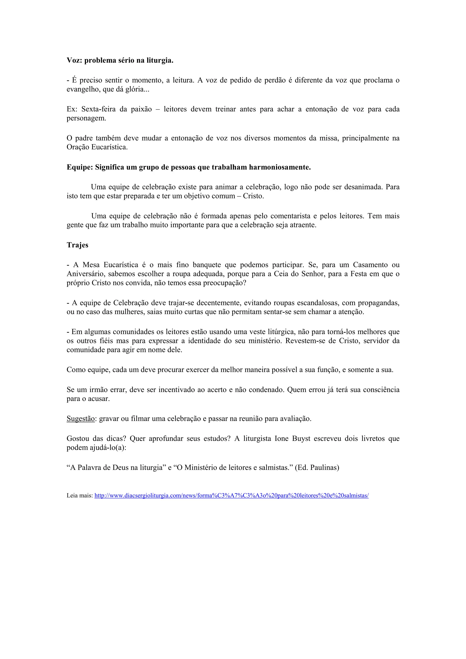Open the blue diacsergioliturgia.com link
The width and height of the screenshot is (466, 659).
coord(231,496)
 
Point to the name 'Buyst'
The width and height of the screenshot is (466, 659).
coord(301,439)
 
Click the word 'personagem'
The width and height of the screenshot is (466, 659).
coord(86,118)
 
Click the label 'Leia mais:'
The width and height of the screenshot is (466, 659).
coord(80,496)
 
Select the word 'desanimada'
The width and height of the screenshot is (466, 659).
coord(363,187)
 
